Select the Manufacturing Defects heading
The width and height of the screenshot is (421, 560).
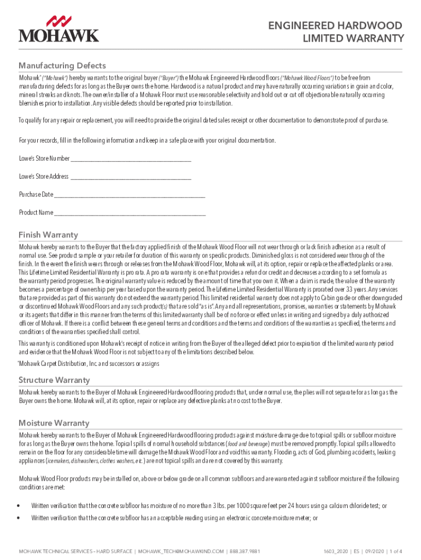coord(62,66)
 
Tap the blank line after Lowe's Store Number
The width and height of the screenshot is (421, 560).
coord(131,159)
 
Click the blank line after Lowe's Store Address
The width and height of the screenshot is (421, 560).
coord(131,177)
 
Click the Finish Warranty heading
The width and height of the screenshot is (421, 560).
coord(48,235)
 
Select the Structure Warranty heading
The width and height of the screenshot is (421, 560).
coord(54,380)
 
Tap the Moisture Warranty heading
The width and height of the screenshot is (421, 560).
coord(54,423)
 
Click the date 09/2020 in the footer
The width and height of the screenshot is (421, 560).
coord(364,551)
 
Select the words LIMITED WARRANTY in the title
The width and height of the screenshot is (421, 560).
coord(354,38)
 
